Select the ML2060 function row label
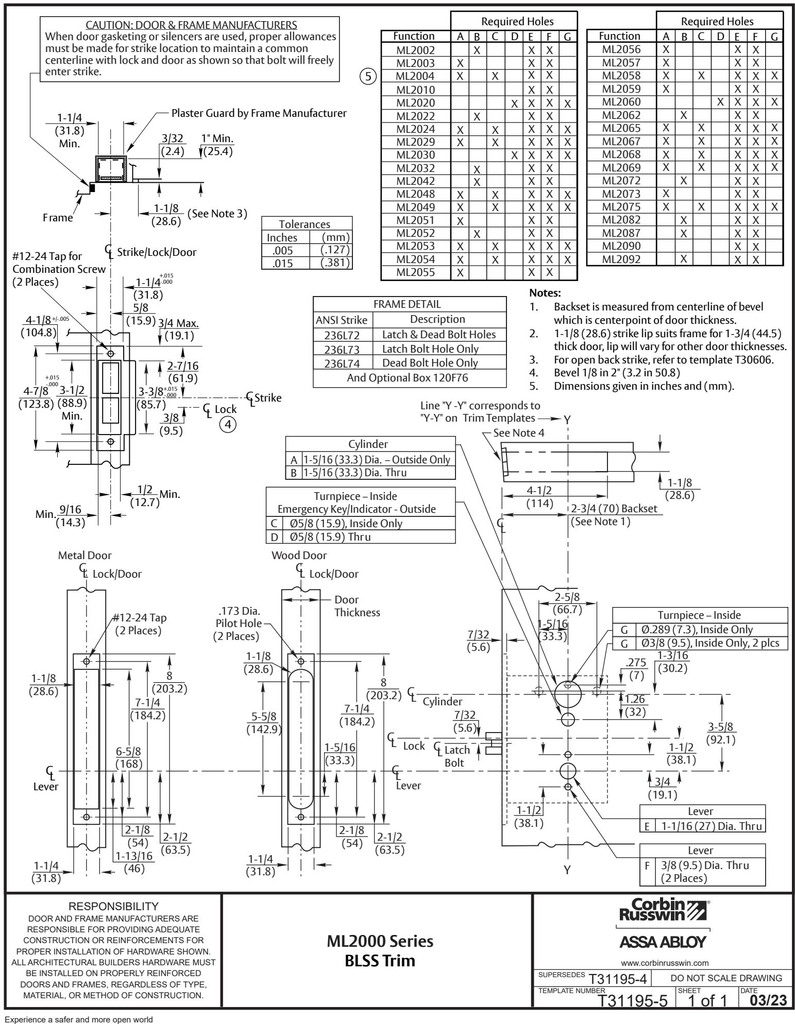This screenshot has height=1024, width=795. (622, 102)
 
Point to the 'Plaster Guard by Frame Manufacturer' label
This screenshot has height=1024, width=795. (259, 112)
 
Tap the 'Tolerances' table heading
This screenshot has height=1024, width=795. (305, 224)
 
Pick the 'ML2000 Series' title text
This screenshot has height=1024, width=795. (380, 941)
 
